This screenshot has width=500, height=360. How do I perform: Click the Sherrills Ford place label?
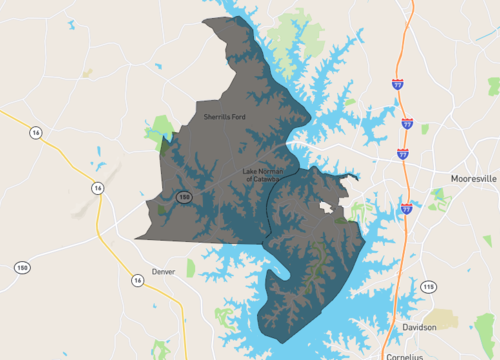(224, 117)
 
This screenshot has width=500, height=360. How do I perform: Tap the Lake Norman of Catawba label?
(263, 176)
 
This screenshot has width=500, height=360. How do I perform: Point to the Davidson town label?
(419, 327)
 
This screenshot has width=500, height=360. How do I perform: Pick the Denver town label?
(164, 271)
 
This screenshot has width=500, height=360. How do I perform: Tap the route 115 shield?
(429, 287)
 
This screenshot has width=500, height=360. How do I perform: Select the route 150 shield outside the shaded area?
(22, 267)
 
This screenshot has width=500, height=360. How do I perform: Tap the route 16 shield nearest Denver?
(136, 279)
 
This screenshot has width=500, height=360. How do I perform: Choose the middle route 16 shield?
(98, 188)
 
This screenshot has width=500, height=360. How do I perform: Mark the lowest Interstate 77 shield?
(406, 208)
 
